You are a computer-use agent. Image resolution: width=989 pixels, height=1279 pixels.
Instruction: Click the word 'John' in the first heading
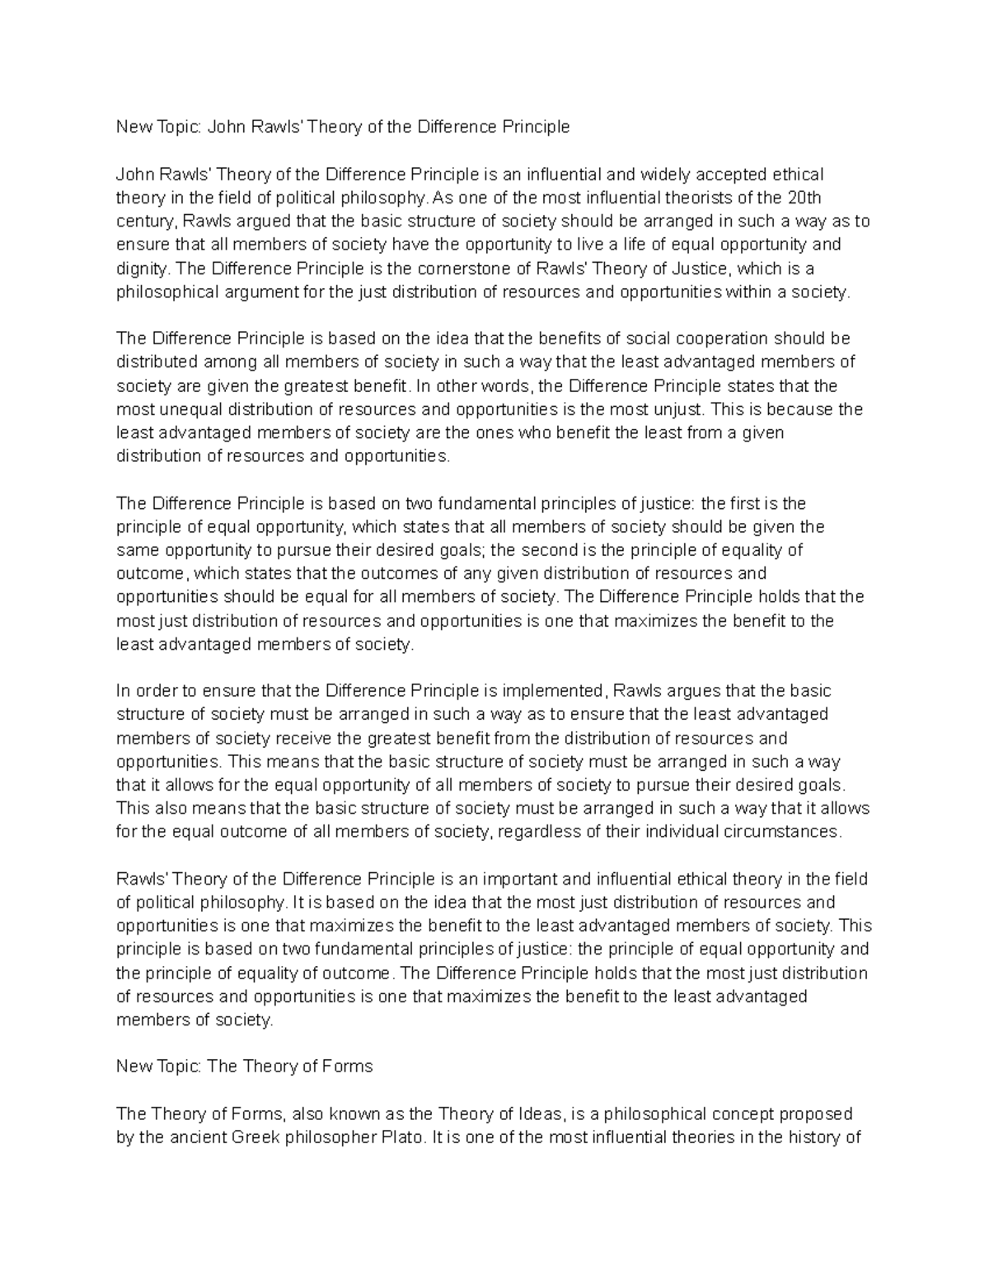pyautogui.click(x=223, y=127)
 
